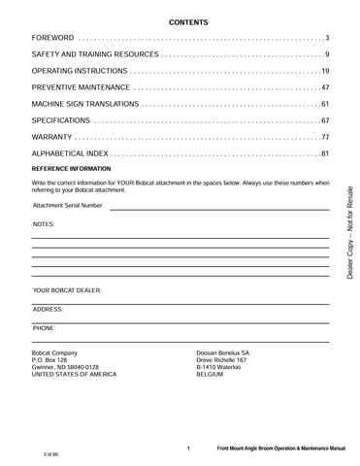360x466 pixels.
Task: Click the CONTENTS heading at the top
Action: point(180,19)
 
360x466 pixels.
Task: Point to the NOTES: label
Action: point(44,224)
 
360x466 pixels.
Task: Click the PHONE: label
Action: point(44,328)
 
